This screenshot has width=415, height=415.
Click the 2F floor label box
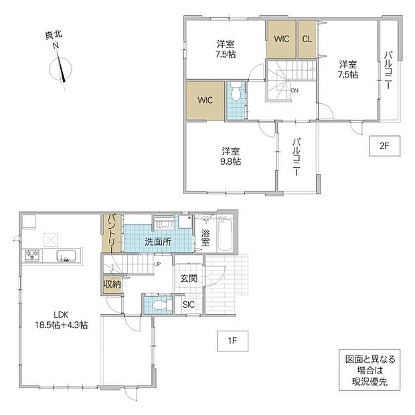[x=385, y=146]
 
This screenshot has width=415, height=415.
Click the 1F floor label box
[x=233, y=341]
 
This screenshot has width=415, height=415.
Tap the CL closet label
[x=307, y=39]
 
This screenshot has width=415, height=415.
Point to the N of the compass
[x=56, y=46]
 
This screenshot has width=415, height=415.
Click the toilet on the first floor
[x=159, y=305]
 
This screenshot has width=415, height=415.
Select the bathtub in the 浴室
[x=225, y=234]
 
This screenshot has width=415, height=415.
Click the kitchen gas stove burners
[x=32, y=255]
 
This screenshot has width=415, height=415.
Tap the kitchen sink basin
[x=66, y=256]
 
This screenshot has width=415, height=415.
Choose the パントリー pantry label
[x=111, y=234]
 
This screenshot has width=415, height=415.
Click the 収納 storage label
[x=112, y=284]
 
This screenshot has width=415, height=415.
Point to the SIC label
[x=189, y=305]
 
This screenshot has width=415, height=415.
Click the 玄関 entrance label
[x=189, y=278]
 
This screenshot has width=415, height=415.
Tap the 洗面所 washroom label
[x=158, y=242]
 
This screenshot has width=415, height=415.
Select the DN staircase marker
[x=295, y=90]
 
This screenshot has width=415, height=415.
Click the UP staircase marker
[x=157, y=264]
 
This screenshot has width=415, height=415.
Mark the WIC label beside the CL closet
[x=281, y=39]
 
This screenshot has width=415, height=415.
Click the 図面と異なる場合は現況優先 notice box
[x=369, y=370]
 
